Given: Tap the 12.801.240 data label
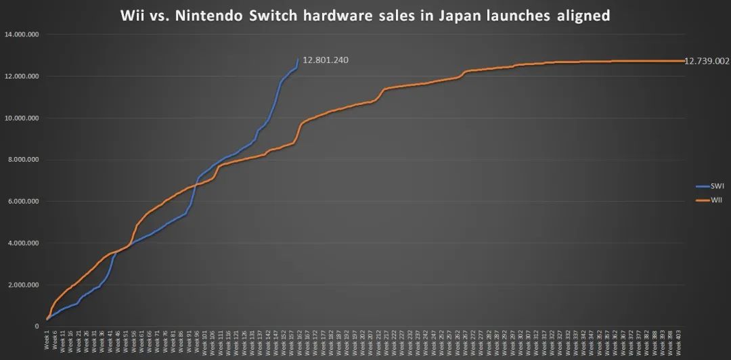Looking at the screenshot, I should [x=326, y=60].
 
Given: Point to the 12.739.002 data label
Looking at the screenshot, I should [x=707, y=61].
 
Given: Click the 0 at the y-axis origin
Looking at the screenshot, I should [x=38, y=326].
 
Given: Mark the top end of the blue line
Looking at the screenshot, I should [x=298, y=59].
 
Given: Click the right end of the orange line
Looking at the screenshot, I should [x=684, y=61].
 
